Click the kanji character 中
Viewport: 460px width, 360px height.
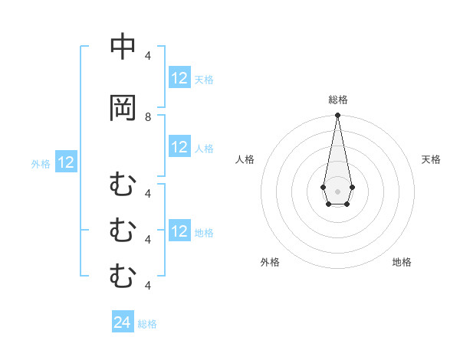coord(123,47)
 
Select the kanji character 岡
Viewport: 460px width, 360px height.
coord(123,108)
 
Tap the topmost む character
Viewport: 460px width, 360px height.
coord(123,185)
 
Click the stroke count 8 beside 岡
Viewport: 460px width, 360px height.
coord(148,117)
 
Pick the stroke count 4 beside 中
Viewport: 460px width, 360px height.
coord(148,56)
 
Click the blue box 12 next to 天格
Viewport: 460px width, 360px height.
coord(179,78)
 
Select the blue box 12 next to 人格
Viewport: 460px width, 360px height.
coord(179,147)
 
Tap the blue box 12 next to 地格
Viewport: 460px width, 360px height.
coord(179,231)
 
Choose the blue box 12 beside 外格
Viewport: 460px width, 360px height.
coord(66,162)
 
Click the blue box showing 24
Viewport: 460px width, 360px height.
coord(123,323)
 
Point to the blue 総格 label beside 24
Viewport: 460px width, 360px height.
coord(148,324)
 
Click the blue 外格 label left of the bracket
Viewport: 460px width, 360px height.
coord(41,163)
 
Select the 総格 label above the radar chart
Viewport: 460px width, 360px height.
coord(337,100)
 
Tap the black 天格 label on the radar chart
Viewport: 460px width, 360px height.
coord(431,159)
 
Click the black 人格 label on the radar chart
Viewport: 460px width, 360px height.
coord(245,159)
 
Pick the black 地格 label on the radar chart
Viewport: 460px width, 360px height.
coord(402,262)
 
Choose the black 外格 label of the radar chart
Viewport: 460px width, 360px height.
coord(270,262)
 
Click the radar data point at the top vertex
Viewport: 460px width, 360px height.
coord(337,116)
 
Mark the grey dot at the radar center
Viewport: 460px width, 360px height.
coord(337,190)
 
